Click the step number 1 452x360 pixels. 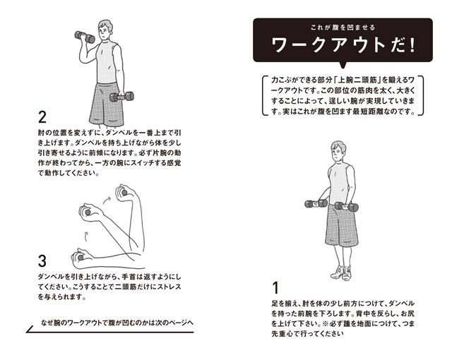(x=276, y=288)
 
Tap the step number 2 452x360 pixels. (x=42, y=117)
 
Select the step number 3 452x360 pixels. (x=42, y=261)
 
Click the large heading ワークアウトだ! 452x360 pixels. (x=343, y=45)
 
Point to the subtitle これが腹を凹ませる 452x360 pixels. (x=343, y=28)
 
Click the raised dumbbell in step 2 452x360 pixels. (x=85, y=37)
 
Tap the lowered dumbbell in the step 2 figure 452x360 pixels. (x=122, y=97)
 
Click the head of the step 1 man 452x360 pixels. (x=338, y=151)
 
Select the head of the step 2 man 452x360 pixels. (x=105, y=30)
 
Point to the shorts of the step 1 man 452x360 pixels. (x=342, y=225)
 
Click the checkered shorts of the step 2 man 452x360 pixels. (x=106, y=104)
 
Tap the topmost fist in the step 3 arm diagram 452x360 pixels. (x=124, y=192)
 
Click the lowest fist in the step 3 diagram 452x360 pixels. (x=81, y=256)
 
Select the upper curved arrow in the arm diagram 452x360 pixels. (x=107, y=200)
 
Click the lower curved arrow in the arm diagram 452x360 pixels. (x=87, y=236)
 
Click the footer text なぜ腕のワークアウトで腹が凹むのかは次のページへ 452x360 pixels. (x=117, y=323)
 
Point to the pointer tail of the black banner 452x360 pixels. (x=343, y=66)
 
